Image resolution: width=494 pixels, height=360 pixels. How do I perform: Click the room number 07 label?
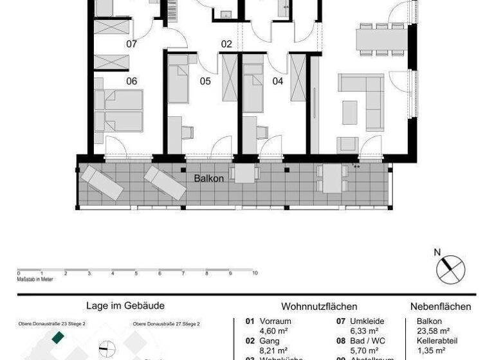point(132,44)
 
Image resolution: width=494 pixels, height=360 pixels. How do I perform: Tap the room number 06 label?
point(132,81)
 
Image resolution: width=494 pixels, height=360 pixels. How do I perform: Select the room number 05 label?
point(205,81)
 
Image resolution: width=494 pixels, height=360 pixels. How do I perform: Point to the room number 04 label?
point(278,81)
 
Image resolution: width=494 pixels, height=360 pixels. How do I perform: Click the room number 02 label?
point(226,44)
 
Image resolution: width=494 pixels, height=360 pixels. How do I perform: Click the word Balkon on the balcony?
point(209,178)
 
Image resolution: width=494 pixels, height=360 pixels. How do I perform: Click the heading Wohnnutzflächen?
point(319,307)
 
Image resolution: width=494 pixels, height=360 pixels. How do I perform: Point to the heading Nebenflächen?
point(441,307)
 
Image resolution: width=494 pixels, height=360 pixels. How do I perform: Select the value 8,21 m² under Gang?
point(274,349)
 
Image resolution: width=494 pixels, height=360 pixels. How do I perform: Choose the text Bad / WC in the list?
point(369,340)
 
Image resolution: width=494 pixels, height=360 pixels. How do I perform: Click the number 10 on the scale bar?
point(255,273)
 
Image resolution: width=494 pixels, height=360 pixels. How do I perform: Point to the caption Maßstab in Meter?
point(35,278)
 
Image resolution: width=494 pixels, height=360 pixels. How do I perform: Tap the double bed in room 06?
point(118,111)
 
